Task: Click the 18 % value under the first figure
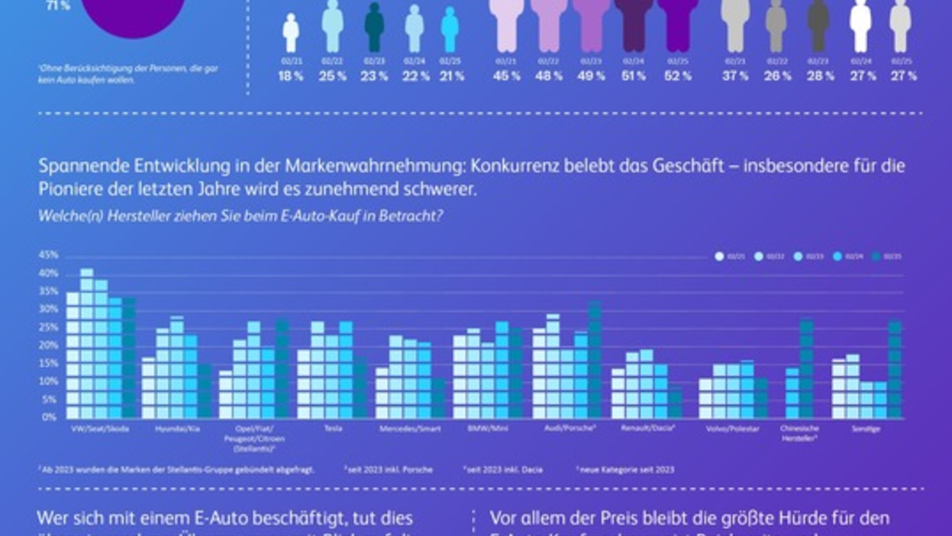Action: (x=291, y=76)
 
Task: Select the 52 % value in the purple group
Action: (x=678, y=76)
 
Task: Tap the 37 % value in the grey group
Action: (x=735, y=76)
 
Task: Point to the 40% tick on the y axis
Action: (x=49, y=273)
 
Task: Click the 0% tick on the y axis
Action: (x=52, y=417)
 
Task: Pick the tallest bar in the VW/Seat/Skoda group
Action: (x=86, y=343)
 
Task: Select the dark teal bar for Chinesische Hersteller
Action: (x=807, y=368)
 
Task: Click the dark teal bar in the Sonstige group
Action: (x=895, y=369)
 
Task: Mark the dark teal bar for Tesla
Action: (x=359, y=388)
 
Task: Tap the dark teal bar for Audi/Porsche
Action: (x=595, y=360)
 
